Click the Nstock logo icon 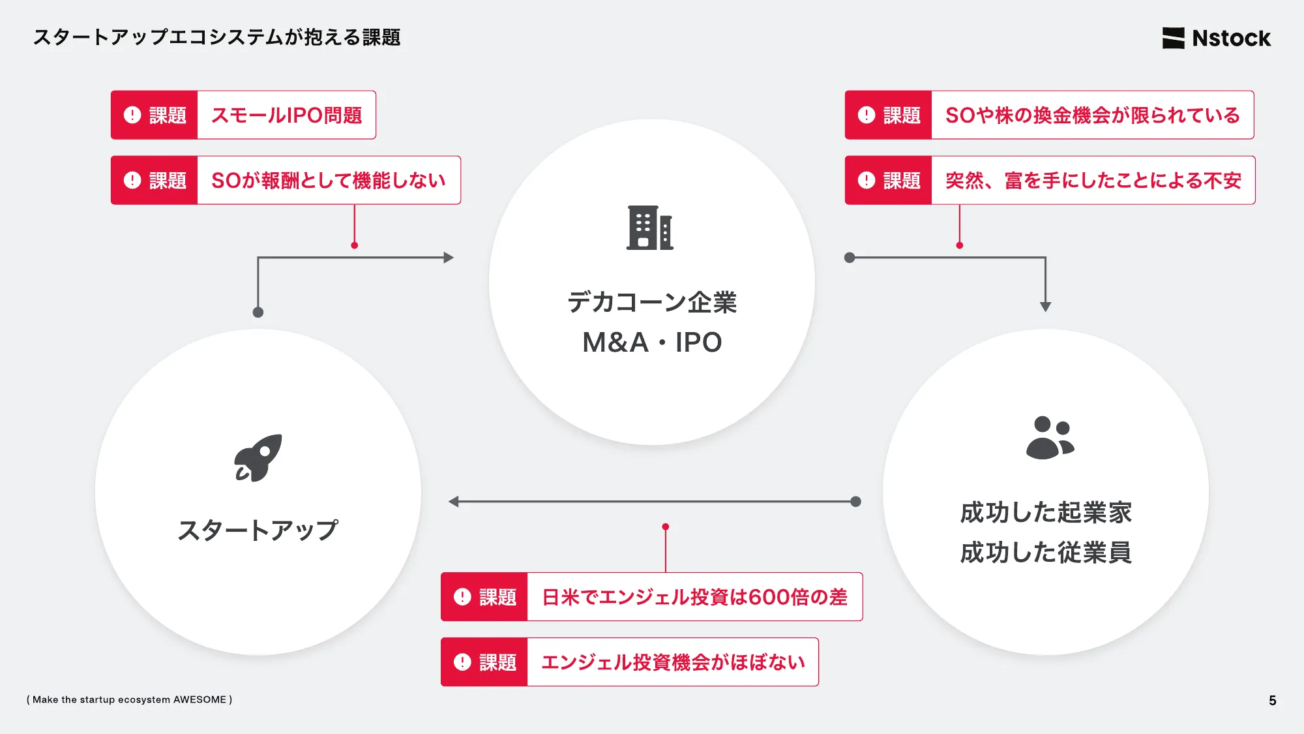pyautogui.click(x=1173, y=38)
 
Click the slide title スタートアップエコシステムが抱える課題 pyautogui.click(x=216, y=37)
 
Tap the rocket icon pyautogui.click(x=258, y=458)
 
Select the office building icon pyautogui.click(x=649, y=228)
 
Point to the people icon pyautogui.click(x=1049, y=438)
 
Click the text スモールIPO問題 pyautogui.click(x=286, y=115)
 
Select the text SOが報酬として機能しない pyautogui.click(x=328, y=181)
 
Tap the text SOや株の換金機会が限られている pyautogui.click(x=1092, y=115)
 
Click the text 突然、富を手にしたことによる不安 pyautogui.click(x=1093, y=181)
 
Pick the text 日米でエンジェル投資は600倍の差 pyautogui.click(x=694, y=597)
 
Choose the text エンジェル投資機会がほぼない pyautogui.click(x=673, y=662)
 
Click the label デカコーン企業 pyautogui.click(x=652, y=302)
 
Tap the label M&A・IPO pyautogui.click(x=652, y=343)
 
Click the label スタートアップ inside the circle pyautogui.click(x=258, y=530)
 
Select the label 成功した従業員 pyautogui.click(x=1046, y=553)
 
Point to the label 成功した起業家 pyautogui.click(x=1046, y=513)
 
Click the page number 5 pyautogui.click(x=1272, y=700)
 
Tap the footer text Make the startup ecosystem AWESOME pyautogui.click(x=129, y=699)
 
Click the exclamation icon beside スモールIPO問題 pyautogui.click(x=132, y=115)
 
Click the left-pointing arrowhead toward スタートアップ pyautogui.click(x=454, y=502)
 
